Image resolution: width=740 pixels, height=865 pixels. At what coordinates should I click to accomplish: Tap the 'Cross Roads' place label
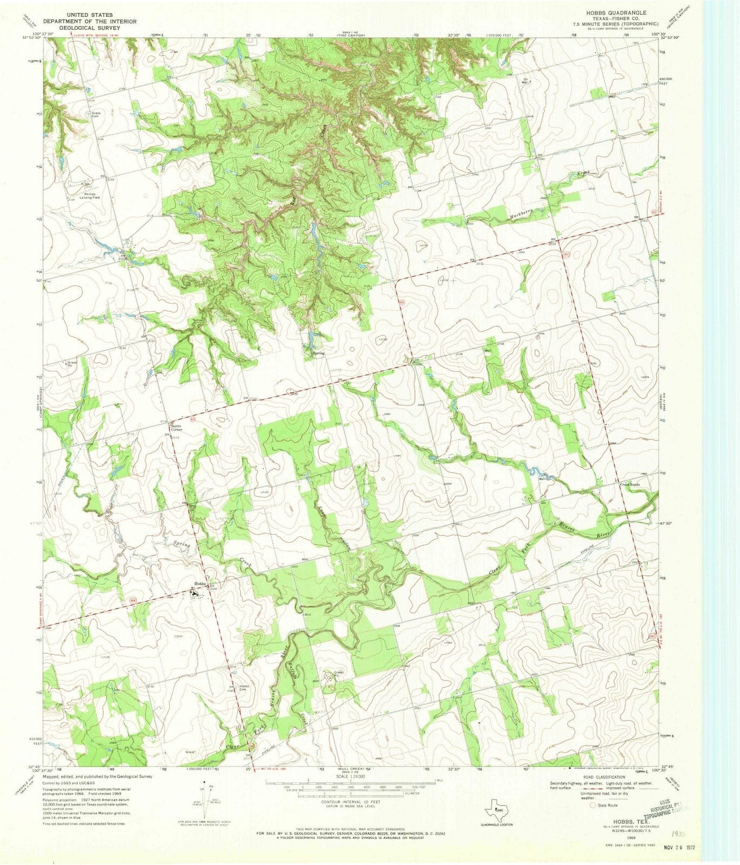630,484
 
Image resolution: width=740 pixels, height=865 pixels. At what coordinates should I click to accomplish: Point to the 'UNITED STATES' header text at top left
90,15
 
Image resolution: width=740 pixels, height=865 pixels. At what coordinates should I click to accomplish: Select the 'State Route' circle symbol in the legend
592,805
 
